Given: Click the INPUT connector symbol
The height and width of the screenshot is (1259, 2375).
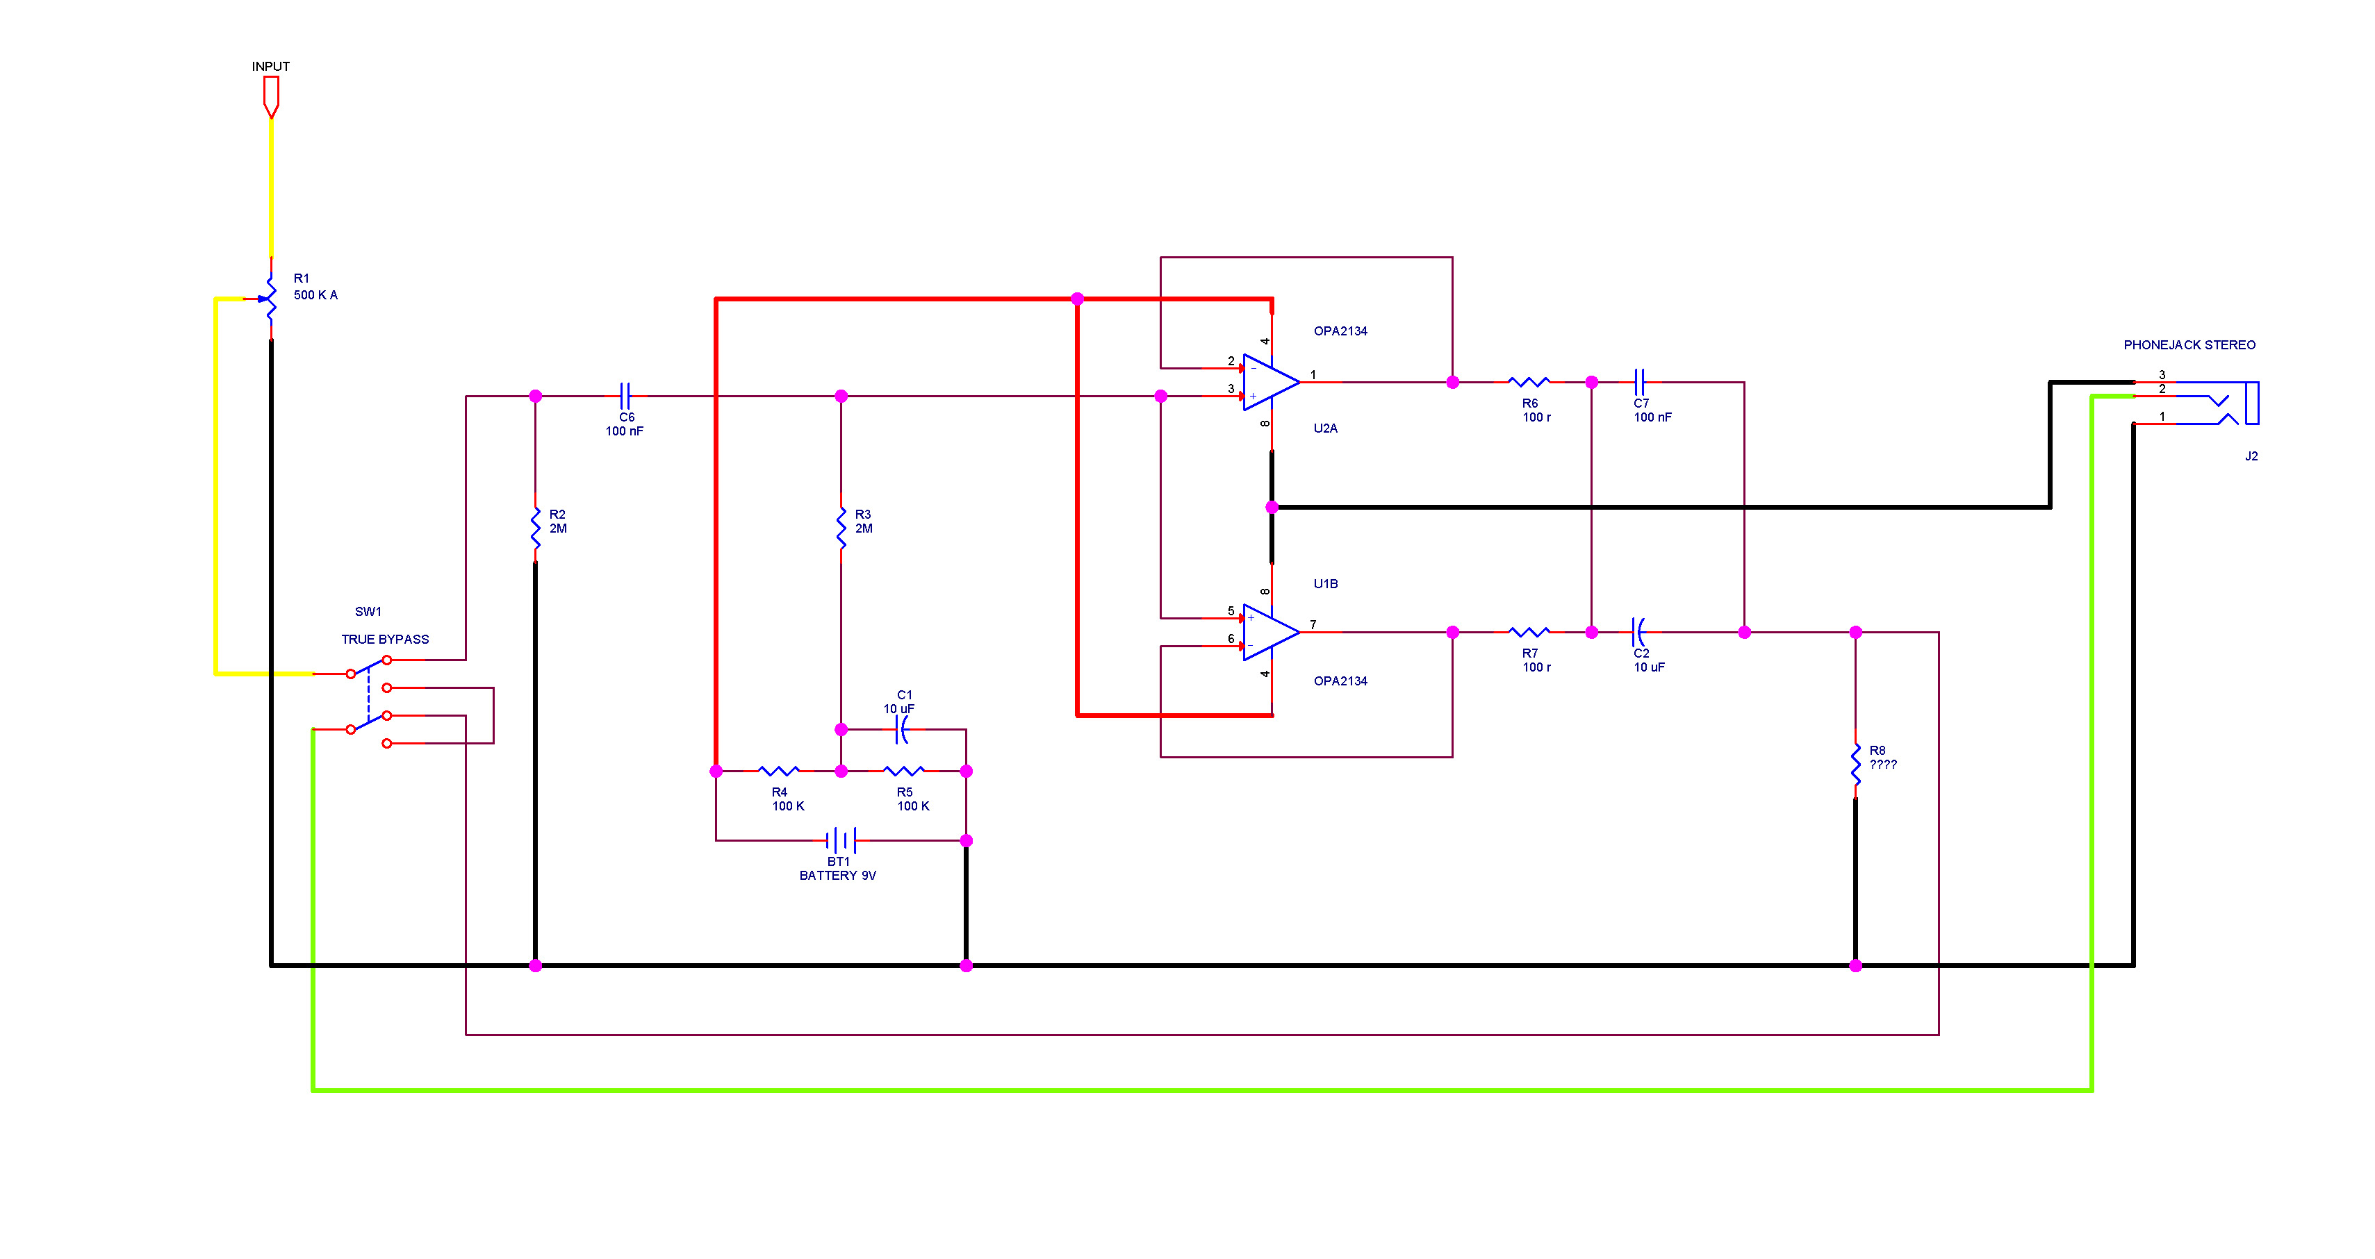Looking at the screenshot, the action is click(271, 97).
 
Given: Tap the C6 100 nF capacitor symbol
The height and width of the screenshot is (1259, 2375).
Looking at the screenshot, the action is click(625, 397).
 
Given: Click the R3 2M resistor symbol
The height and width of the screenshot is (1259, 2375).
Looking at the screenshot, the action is click(841, 529).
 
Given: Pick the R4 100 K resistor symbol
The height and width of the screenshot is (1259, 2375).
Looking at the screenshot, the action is click(779, 771).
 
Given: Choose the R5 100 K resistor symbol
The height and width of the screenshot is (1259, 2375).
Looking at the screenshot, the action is click(903, 771).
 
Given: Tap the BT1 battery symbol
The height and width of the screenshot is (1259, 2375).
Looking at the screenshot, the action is click(841, 840).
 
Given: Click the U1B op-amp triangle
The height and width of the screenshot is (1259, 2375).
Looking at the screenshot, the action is click(1270, 632).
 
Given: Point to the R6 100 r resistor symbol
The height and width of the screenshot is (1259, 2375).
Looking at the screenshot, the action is click(1529, 381).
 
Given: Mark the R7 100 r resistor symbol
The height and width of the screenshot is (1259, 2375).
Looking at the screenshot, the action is click(1529, 632).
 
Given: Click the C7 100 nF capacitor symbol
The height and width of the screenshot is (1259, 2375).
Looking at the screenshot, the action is click(1639, 381).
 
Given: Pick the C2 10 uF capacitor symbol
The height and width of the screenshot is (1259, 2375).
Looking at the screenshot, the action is click(1639, 632).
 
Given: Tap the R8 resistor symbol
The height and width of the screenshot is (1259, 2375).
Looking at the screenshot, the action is click(1856, 765).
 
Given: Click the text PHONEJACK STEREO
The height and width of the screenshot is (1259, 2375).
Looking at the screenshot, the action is click(2189, 344).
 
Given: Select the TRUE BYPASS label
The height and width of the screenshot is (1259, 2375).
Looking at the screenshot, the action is click(386, 639).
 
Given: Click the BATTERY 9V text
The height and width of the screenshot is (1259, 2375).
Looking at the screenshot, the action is click(837, 876).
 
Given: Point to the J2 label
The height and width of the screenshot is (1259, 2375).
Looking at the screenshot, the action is click(2251, 456).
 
